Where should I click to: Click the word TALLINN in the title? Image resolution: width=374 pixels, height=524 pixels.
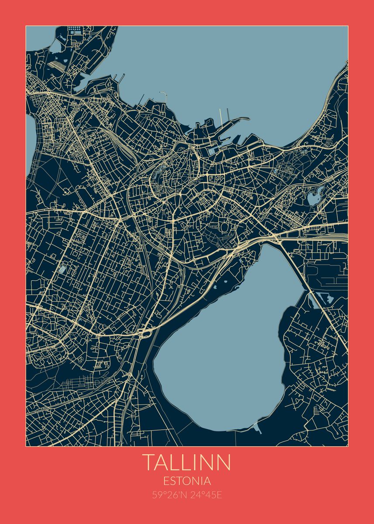click(x=187, y=462)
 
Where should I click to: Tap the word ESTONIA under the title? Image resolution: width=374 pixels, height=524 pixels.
click(x=187, y=481)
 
